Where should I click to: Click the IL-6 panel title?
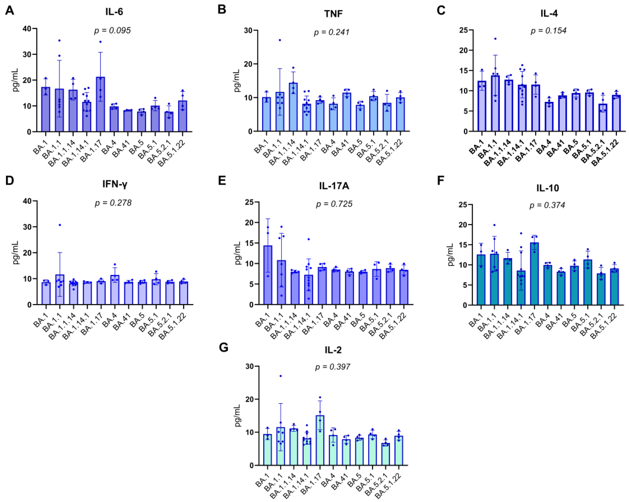114,12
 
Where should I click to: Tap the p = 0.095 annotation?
112,31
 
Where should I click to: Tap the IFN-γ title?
115,184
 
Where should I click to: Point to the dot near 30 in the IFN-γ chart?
60,225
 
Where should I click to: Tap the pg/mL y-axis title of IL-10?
451,254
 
